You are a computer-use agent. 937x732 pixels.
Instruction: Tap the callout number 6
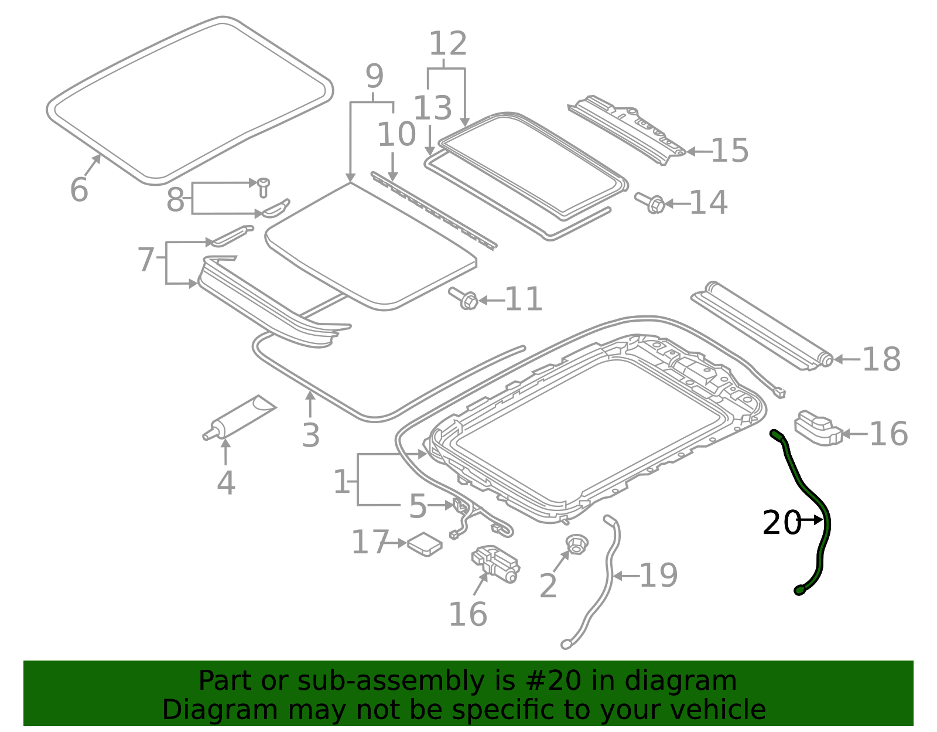coord(78,189)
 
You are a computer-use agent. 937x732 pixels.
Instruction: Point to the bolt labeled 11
coord(464,299)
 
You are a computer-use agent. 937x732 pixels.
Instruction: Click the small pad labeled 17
coord(425,544)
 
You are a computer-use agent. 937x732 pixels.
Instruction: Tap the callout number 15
coord(730,151)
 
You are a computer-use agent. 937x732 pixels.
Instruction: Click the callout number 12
coord(448,44)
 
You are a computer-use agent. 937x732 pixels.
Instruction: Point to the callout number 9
coord(374,77)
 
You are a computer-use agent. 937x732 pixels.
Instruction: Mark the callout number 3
coord(311,435)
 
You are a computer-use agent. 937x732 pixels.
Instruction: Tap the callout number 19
coord(658,576)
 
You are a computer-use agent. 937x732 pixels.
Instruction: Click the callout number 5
coord(418,506)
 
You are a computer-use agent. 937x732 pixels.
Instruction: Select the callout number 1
coord(341,482)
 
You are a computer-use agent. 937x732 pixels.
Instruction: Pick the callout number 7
coord(146,259)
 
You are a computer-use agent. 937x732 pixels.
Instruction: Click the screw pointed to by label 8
coord(263,186)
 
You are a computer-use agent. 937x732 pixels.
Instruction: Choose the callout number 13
coord(433,108)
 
